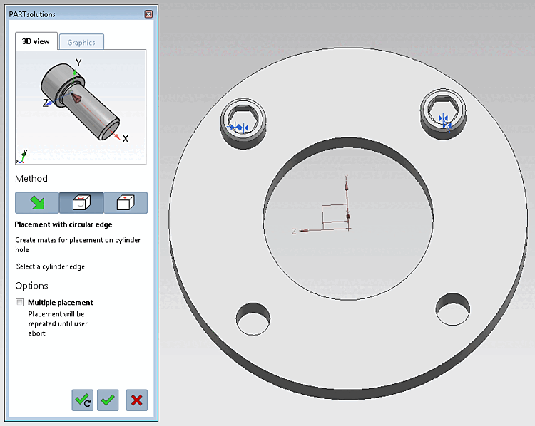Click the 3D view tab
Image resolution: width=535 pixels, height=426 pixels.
pyautogui.click(x=35, y=41)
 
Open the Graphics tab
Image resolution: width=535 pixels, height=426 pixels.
pyautogui.click(x=81, y=42)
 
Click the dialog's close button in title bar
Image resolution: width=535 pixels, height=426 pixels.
pyautogui.click(x=148, y=14)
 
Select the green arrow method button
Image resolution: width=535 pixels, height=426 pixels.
pyautogui.click(x=37, y=203)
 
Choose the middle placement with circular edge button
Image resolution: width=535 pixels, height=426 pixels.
pyautogui.click(x=81, y=203)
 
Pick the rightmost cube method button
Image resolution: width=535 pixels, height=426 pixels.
pyautogui.click(x=126, y=203)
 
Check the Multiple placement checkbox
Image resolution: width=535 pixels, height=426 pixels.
pyautogui.click(x=19, y=303)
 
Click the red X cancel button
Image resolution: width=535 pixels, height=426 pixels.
pyautogui.click(x=136, y=400)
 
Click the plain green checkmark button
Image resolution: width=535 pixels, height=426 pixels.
pyautogui.click(x=108, y=400)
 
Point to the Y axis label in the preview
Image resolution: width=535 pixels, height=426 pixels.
pyautogui.click(x=78, y=63)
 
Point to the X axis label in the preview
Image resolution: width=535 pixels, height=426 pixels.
pyautogui.click(x=126, y=138)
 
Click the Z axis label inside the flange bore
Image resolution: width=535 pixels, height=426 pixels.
pyautogui.click(x=294, y=232)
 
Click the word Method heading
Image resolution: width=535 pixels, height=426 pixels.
pyautogui.click(x=31, y=179)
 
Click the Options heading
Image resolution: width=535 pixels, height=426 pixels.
pyautogui.click(x=33, y=286)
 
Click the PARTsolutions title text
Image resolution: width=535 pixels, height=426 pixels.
pyautogui.click(x=32, y=14)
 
